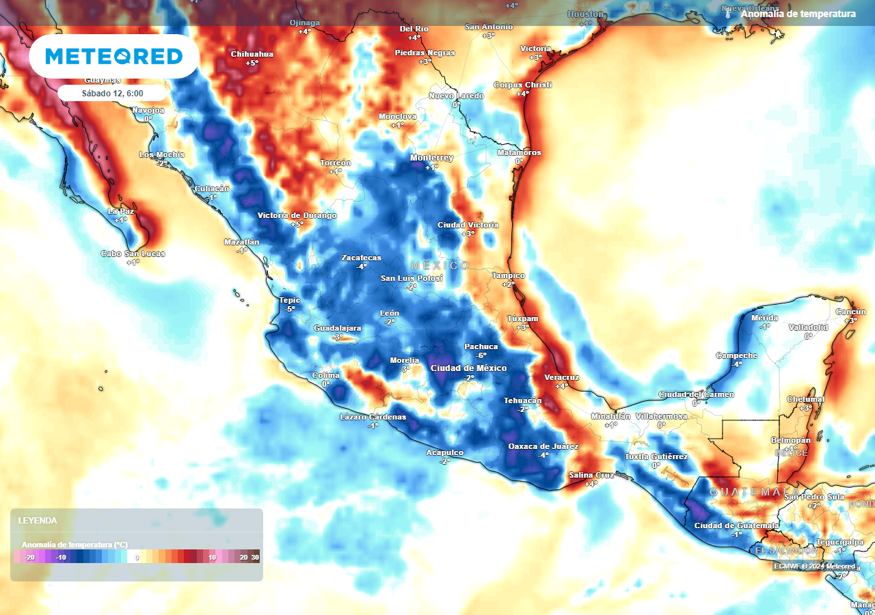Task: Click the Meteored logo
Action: click(x=114, y=56)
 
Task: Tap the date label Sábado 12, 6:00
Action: click(x=112, y=94)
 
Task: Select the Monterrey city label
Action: click(x=431, y=158)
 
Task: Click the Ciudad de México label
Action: click(x=468, y=368)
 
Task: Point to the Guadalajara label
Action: click(x=337, y=329)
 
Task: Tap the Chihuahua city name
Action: click(x=252, y=54)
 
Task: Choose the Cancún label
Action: click(x=850, y=312)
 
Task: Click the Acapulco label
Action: click(x=445, y=452)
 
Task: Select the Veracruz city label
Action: click(x=561, y=377)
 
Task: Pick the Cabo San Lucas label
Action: click(x=133, y=254)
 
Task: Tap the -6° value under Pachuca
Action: click(x=481, y=355)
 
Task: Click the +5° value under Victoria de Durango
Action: click(x=297, y=224)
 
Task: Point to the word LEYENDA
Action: click(x=38, y=521)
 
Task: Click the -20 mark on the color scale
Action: click(x=29, y=558)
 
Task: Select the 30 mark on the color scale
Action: click(x=255, y=558)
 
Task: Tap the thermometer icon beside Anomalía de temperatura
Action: click(x=729, y=14)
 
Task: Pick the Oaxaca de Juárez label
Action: click(x=543, y=446)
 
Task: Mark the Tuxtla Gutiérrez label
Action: click(x=656, y=456)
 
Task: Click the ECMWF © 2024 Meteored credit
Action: click(x=813, y=566)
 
